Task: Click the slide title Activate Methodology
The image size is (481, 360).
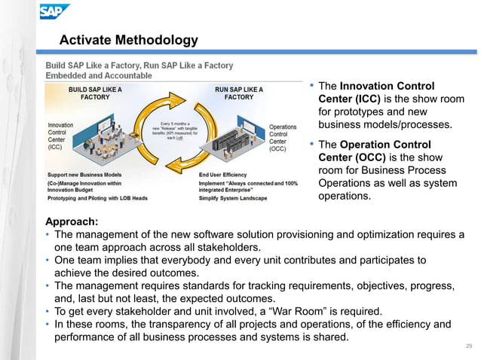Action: [128, 40]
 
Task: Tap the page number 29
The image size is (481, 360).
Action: [468, 345]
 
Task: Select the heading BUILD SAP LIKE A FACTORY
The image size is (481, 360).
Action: [96, 93]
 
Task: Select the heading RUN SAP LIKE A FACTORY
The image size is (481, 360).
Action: [239, 93]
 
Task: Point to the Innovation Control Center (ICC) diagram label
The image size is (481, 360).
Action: [60, 136]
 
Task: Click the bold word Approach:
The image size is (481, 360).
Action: [71, 222]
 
